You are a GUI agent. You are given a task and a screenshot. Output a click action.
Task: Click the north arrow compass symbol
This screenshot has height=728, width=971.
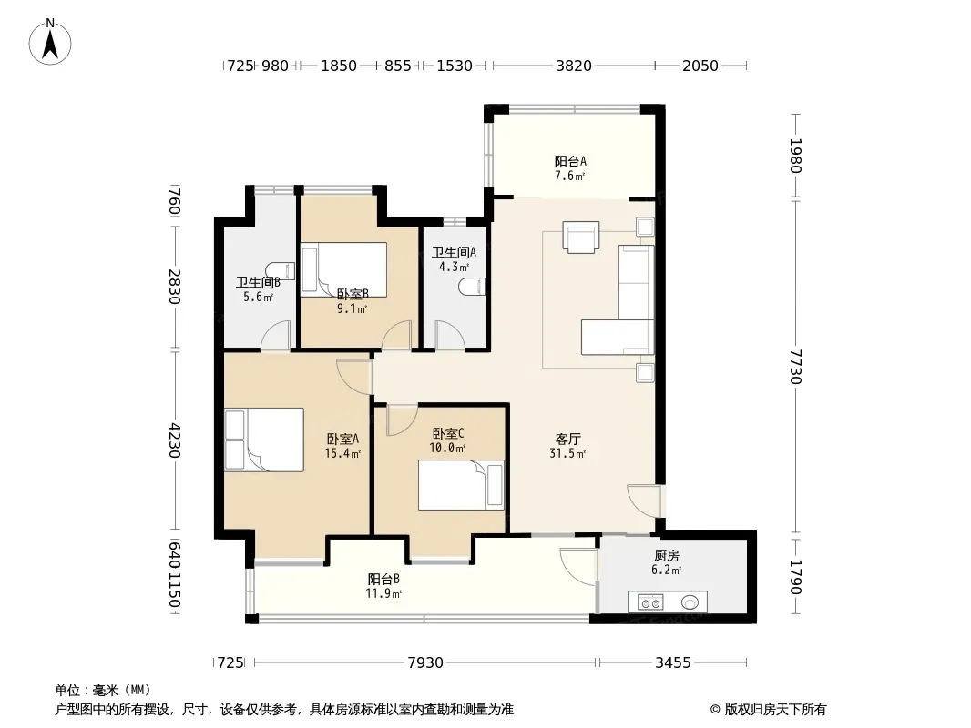pos(50,42)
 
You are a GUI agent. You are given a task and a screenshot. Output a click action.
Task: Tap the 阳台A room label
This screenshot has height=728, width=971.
pos(569,161)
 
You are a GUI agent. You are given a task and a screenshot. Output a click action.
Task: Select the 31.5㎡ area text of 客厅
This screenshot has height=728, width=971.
pos(567,453)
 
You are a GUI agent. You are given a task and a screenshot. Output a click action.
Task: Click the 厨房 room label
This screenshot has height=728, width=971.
pos(667,556)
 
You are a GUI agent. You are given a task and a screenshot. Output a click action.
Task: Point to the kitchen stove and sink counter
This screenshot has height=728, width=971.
pos(668,602)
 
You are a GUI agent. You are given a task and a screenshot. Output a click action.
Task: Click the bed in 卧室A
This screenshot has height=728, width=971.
pos(264,440)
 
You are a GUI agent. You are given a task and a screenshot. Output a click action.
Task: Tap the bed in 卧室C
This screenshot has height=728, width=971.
pos(461,486)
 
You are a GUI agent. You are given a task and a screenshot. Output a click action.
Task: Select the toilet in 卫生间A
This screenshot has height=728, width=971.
pos(474,287)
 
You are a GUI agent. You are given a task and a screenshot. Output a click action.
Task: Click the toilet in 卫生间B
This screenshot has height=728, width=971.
pos(280,271)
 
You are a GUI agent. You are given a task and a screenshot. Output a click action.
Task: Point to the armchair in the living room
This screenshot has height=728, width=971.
pos(581,237)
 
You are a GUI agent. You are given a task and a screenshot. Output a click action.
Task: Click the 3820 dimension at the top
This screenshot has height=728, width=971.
pos(574,66)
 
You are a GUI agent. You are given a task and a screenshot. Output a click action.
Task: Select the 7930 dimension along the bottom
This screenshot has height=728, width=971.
pos(425,663)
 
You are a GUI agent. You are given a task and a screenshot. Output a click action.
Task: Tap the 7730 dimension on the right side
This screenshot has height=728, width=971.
pos(796,367)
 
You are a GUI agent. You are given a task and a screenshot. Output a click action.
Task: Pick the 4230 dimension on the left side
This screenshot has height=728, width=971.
pos(175,440)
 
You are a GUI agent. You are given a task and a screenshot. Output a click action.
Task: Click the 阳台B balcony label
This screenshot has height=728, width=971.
pos(383,580)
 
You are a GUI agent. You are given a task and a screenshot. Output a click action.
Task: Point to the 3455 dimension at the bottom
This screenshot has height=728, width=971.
pos(673,663)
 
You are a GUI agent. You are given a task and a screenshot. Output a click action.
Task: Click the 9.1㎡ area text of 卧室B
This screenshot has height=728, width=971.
pos(353,308)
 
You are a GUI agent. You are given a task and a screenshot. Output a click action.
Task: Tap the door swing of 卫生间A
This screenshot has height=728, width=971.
pos(450,335)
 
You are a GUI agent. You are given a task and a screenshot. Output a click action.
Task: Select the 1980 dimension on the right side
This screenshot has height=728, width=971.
pos(796,156)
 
